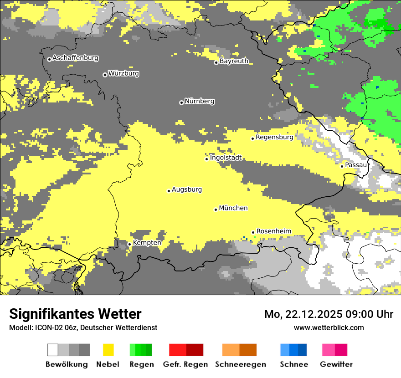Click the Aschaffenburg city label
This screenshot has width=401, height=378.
[x=75, y=58]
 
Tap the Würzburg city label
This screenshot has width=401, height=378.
[x=123, y=73]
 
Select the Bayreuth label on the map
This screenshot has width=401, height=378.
[x=234, y=61]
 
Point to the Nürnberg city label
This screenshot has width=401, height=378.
[x=200, y=101]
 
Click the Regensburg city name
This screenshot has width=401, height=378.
[x=274, y=137]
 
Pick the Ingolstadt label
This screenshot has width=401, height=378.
[x=226, y=158]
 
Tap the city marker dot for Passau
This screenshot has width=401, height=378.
[x=342, y=166]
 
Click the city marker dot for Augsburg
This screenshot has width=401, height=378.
[x=169, y=191]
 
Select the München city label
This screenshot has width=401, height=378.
[x=233, y=208]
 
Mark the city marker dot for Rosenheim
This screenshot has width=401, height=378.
[x=253, y=232]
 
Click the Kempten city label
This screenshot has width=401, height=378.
[x=147, y=243]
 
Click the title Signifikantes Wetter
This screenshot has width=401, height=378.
[x=75, y=314]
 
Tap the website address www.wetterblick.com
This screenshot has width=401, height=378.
[x=329, y=327]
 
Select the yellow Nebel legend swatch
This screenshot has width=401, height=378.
[x=108, y=350]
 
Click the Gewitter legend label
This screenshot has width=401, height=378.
[x=336, y=364]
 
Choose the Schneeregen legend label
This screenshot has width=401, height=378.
[x=240, y=364]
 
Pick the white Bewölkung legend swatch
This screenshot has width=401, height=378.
[x=53, y=350]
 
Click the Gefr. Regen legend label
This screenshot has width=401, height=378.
[x=185, y=364]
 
